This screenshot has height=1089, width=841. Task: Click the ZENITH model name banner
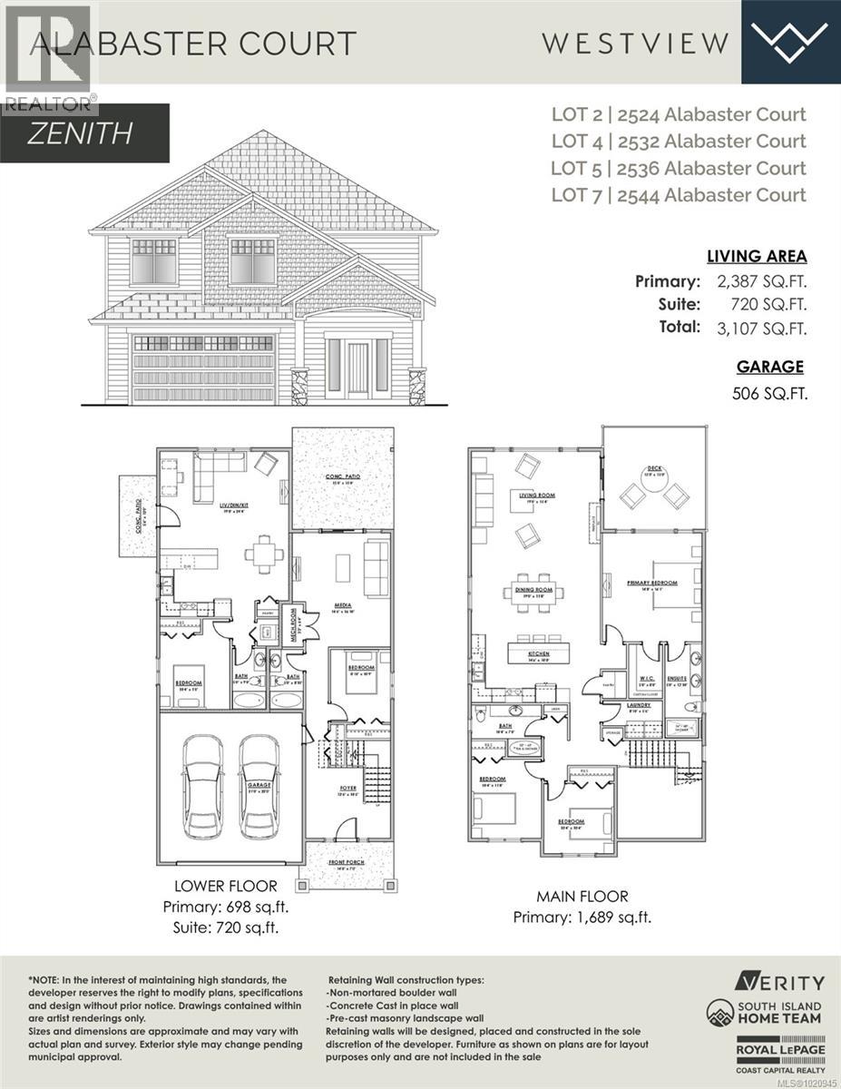pyautogui.click(x=82, y=133)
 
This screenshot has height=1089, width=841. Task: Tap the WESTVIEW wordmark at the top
pyautogui.click(x=635, y=42)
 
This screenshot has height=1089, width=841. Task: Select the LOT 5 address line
pyautogui.click(x=679, y=168)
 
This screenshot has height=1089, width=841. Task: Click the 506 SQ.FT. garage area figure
pyautogui.click(x=768, y=394)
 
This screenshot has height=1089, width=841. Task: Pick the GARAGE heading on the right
pyautogui.click(x=769, y=367)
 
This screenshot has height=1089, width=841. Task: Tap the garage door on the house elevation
pyautogui.click(x=203, y=368)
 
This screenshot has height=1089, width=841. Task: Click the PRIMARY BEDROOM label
pyautogui.click(x=651, y=584)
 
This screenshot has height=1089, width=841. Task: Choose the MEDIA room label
pyautogui.click(x=343, y=605)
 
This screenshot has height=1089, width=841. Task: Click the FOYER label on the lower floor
pyautogui.click(x=348, y=789)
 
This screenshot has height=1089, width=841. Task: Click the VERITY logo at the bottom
pyautogui.click(x=780, y=981)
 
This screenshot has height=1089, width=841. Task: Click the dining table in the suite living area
pyautogui.click(x=264, y=553)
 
